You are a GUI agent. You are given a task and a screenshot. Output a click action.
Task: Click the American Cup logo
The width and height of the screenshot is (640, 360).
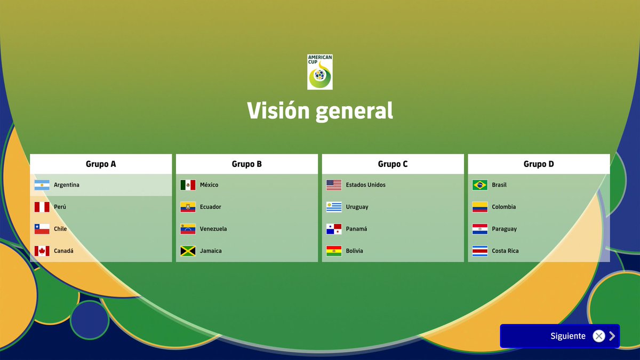click(320, 72)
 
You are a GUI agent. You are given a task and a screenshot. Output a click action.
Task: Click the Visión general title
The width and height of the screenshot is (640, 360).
click(320, 110)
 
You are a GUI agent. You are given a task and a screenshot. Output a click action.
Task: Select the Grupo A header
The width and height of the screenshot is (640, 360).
click(101, 164)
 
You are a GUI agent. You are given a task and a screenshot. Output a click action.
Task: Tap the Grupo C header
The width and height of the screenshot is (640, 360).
click(393, 164)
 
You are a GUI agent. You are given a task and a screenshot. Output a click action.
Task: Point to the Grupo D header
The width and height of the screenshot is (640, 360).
click(539, 164)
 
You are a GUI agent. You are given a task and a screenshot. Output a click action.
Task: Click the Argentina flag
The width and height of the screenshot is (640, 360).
click(42, 185)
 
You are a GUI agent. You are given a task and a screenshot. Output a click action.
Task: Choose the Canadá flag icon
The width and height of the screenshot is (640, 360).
click(42, 251)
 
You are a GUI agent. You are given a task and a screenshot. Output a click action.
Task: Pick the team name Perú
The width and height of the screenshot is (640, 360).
click(60, 207)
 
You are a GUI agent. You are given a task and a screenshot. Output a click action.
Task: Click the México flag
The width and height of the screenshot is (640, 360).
click(188, 185)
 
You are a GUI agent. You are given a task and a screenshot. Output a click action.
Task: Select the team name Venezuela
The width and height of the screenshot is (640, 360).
click(213, 229)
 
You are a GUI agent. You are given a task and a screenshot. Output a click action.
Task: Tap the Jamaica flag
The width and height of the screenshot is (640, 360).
click(188, 251)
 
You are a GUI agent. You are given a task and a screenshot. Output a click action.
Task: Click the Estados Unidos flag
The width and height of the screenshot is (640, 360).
click(334, 185)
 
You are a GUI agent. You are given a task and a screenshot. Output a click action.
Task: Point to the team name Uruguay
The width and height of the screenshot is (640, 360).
click(357, 207)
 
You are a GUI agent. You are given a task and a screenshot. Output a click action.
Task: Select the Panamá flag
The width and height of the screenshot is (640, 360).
click(334, 229)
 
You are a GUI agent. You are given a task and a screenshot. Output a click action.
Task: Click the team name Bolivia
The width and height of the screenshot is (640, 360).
click(354, 251)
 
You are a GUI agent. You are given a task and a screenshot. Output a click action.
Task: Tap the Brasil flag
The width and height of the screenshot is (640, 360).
click(480, 185)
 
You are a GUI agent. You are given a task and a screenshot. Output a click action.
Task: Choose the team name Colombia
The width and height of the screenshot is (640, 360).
click(504, 207)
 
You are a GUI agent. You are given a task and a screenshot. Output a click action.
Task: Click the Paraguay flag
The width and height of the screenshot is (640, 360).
click(480, 229)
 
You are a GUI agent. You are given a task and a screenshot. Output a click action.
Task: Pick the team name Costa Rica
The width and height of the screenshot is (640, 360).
click(505, 251)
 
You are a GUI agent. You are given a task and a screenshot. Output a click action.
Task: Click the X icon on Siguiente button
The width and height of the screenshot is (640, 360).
click(599, 336)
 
